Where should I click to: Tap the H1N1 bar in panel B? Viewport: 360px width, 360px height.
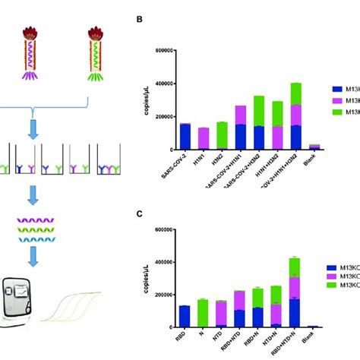[x=204, y=138]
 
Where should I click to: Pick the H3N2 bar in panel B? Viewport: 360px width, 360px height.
[x=222, y=135]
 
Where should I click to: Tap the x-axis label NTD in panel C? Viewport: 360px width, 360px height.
[x=220, y=335]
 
